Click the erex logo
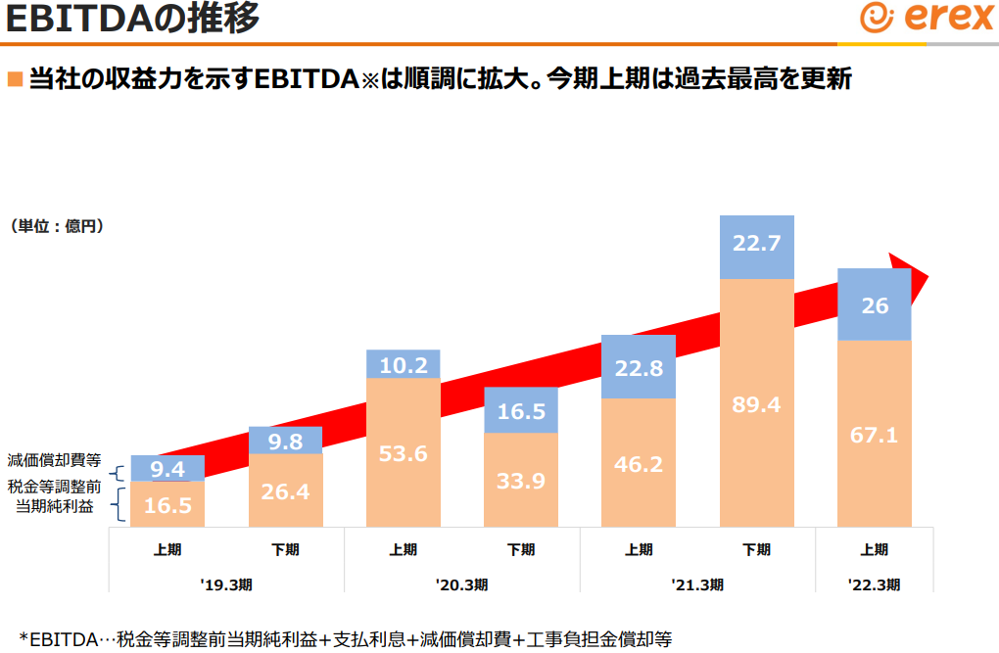tap(926, 19)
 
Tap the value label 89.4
tap(756, 404)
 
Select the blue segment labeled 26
tap(875, 304)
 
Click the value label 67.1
tap(875, 435)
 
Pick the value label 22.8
tap(639, 367)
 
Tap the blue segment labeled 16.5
tap(521, 411)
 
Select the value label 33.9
tap(521, 482)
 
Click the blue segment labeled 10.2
tap(404, 364)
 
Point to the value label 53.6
tap(404, 453)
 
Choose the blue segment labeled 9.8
tap(286, 441)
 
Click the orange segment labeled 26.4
tap(286, 490)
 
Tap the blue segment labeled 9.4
tap(167, 468)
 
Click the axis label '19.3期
tap(226, 584)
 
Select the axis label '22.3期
tap(875, 584)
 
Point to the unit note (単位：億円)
tap(58, 226)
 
